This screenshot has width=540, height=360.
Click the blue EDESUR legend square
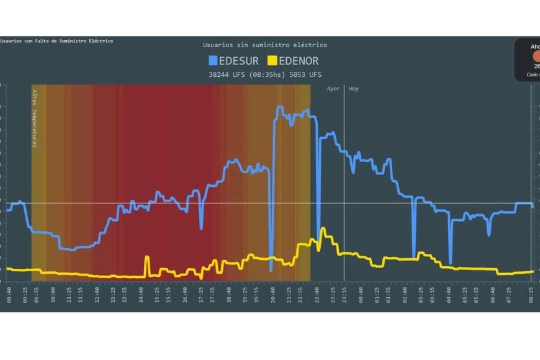point(213,61)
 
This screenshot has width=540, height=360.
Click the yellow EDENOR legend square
point(272,61)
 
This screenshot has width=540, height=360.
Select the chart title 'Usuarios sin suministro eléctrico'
point(264,45)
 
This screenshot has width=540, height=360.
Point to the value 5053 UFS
point(307,75)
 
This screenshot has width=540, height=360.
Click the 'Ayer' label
point(333,89)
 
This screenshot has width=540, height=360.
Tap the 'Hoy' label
point(354,89)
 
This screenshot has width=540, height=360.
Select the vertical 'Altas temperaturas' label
point(35,118)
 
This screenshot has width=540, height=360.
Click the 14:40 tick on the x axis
point(141,295)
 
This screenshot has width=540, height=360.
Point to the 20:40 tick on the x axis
point(273,295)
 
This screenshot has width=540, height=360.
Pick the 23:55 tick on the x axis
point(344,295)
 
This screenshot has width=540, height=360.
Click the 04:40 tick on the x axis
point(449,295)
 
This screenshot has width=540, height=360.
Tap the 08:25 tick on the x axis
point(531,295)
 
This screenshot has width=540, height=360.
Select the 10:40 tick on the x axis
point(53,295)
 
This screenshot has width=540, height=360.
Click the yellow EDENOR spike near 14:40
point(147,257)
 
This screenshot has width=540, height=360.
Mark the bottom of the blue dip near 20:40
point(271,271)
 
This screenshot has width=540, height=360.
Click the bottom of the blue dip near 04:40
point(451,263)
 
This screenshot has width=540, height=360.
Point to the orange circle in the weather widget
point(536,56)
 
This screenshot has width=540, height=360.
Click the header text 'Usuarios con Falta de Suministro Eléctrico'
point(57,41)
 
